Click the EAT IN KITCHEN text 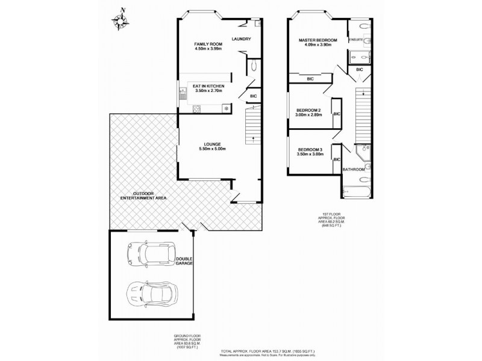click(x=208, y=87)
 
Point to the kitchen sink click(x=183, y=94)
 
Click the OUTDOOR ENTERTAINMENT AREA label click(x=143, y=196)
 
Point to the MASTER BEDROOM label click(x=318, y=40)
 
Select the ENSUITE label click(x=355, y=39)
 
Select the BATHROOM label click(x=354, y=170)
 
